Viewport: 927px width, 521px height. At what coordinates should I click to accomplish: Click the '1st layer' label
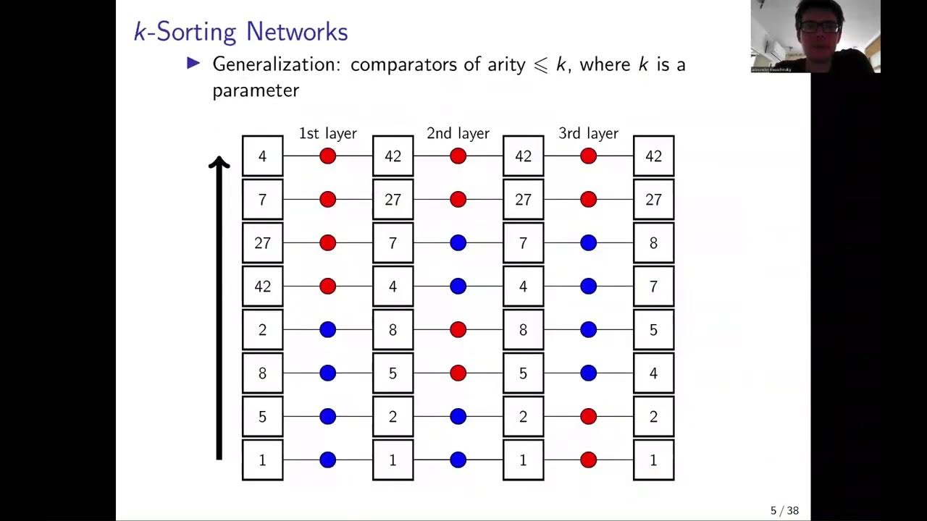pos(327,133)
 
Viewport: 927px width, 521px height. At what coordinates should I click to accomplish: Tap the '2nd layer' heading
pos(458,133)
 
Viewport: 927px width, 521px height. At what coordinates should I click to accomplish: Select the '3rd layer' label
pos(588,133)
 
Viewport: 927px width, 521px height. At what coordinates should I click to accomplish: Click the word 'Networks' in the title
pos(297,32)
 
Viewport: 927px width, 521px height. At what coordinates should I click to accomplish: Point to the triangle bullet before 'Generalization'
pos(193,64)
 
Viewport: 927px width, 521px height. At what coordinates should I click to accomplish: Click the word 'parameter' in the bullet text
pos(255,90)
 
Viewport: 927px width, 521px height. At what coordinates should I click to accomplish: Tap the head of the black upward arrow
pos(219,164)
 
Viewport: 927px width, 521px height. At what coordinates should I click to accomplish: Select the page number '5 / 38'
pos(784,511)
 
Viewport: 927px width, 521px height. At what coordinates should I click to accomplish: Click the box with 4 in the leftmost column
pos(262,156)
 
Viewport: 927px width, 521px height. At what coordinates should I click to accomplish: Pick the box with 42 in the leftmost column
pos(262,287)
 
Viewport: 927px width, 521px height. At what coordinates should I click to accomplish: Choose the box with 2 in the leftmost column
pos(262,330)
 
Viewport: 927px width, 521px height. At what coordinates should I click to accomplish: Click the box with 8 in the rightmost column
pos(653,243)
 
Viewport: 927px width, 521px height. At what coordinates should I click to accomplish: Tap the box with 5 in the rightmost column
pos(653,330)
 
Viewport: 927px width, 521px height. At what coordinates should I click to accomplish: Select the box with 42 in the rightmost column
pos(653,156)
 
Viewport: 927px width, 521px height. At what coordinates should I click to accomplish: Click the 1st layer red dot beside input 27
pos(327,243)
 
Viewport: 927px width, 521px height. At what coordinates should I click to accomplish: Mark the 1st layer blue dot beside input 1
pos(327,460)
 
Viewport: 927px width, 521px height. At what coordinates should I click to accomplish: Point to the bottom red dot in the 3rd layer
pos(588,460)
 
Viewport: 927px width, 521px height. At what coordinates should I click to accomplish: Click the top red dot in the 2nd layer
pos(458,156)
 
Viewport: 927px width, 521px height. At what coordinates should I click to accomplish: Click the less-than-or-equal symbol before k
pos(540,64)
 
